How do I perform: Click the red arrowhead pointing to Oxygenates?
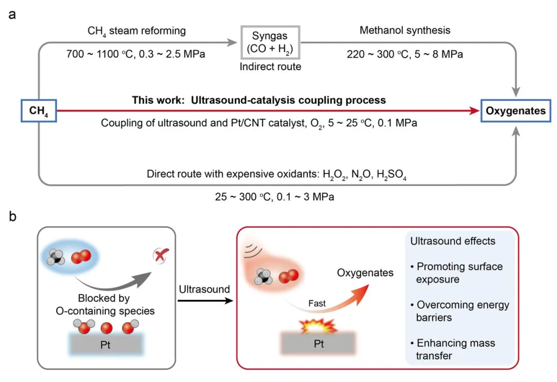pyautogui.click(x=474, y=111)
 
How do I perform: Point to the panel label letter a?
pyautogui.click(x=12, y=15)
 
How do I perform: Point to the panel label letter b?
pyautogui.click(x=12, y=216)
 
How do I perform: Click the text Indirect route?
pyautogui.click(x=270, y=67)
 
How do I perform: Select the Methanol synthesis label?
pyautogui.click(x=405, y=30)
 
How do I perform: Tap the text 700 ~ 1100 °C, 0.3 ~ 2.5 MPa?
pyautogui.click(x=136, y=54)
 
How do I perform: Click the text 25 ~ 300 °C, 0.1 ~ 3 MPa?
pyautogui.click(x=274, y=197)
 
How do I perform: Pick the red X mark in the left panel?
pyautogui.click(x=160, y=256)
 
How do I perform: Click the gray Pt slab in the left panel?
pyautogui.click(x=106, y=344)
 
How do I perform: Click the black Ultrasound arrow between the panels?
pyautogui.click(x=205, y=301)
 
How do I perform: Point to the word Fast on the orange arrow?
pyautogui.click(x=317, y=304)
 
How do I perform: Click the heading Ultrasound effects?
pyautogui.click(x=453, y=241)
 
